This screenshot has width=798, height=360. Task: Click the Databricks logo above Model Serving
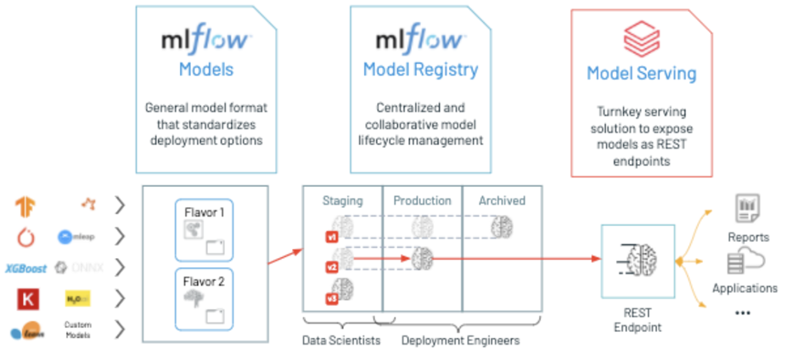click(x=641, y=39)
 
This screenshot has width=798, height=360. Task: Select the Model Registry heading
click(x=420, y=70)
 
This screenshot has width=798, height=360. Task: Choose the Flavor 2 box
click(x=203, y=299)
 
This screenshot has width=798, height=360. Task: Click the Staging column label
click(x=342, y=200)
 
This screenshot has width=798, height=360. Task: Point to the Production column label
click(x=422, y=200)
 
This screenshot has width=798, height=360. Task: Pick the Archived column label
click(x=501, y=200)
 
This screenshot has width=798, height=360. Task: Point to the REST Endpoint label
click(x=638, y=319)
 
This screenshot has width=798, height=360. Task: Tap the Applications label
click(x=745, y=288)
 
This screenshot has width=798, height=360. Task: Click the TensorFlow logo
click(x=25, y=205)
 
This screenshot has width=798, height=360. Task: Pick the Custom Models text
click(x=78, y=330)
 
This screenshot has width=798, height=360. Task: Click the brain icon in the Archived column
click(x=503, y=227)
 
